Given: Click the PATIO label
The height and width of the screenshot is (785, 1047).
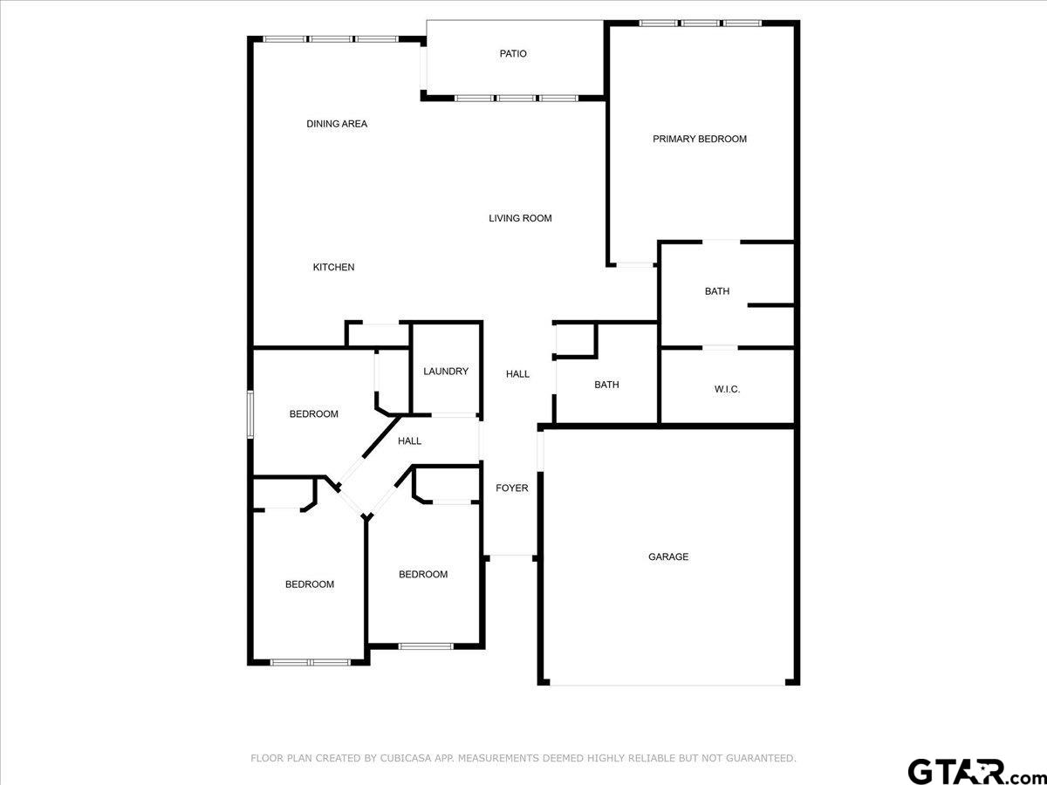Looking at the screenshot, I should coord(513,54).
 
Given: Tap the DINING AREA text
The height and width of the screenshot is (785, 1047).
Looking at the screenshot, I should coord(337,124).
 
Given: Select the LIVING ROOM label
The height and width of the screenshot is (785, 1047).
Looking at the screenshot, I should coord(520,218).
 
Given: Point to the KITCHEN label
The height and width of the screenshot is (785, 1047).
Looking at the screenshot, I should coord(333,267).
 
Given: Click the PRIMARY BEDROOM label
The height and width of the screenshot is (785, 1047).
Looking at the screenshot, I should coord(700,139).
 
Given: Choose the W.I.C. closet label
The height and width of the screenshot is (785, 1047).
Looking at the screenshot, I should coord(727,389).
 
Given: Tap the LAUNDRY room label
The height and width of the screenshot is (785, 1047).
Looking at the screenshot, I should coord(446,372).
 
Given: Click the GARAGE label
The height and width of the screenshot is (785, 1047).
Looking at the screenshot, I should coord(668,556).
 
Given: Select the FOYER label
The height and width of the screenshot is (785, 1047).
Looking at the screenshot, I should coord(512,488).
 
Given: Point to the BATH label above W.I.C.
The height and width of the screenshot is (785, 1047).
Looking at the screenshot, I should coord(717,291).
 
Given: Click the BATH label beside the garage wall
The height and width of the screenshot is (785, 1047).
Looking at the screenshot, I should coord(606,385).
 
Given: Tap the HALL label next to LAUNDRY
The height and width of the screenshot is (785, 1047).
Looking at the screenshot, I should coord(517,374).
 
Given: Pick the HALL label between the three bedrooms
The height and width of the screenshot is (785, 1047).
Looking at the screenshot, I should coord(409,441).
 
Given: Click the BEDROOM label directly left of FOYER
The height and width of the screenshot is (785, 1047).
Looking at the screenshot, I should coord(423,574).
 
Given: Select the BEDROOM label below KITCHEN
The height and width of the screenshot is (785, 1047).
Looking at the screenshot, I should coord(313,414).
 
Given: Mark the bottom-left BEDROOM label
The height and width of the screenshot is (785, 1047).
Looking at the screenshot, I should coord(310,584).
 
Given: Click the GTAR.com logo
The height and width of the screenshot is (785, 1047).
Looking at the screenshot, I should coord(968,770).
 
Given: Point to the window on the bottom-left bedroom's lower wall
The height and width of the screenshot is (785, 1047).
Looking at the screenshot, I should coord(310,662).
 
